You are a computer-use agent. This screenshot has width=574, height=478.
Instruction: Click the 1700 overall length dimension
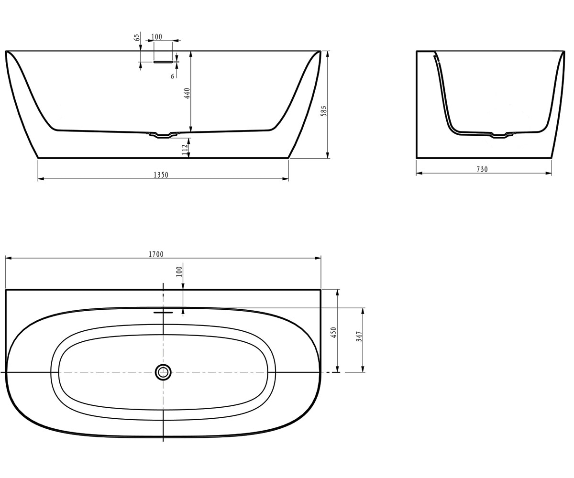pos(156,254)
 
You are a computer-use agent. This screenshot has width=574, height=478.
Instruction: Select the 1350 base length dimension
pos(161,175)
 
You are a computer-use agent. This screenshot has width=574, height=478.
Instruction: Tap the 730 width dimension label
pos(482,170)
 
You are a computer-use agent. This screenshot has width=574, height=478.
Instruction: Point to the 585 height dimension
pos(324,111)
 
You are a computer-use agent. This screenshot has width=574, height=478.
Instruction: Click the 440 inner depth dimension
pos(187,93)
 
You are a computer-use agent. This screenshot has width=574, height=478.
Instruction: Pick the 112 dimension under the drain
pos(185,150)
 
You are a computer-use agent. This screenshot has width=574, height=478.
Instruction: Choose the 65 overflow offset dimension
pos(137,37)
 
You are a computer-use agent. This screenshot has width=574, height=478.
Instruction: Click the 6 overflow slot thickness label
pos(172,76)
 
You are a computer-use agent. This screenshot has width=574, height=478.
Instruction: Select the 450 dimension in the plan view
pos(334,333)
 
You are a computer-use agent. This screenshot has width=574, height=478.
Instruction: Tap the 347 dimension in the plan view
pos(359,336)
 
